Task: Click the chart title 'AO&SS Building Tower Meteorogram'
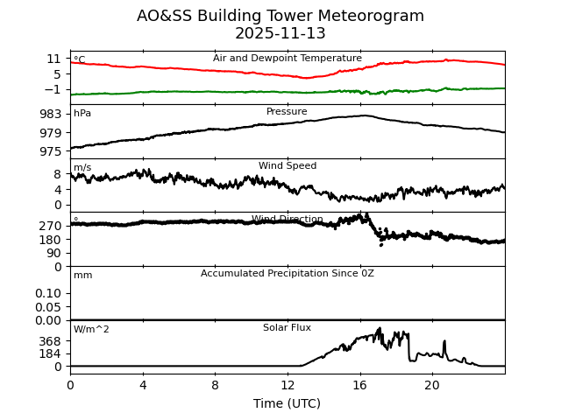(280, 16)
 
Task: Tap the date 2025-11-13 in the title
(280, 34)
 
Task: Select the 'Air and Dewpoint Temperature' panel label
(288, 59)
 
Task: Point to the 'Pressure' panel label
(287, 112)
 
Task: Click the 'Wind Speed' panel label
(288, 166)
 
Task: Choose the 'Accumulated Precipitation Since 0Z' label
(288, 274)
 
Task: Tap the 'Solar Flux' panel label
(287, 328)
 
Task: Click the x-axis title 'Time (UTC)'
(287, 403)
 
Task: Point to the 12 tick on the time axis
(288, 385)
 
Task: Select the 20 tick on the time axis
(432, 385)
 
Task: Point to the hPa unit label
(82, 114)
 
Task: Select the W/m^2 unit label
(91, 330)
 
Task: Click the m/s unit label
(82, 168)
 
